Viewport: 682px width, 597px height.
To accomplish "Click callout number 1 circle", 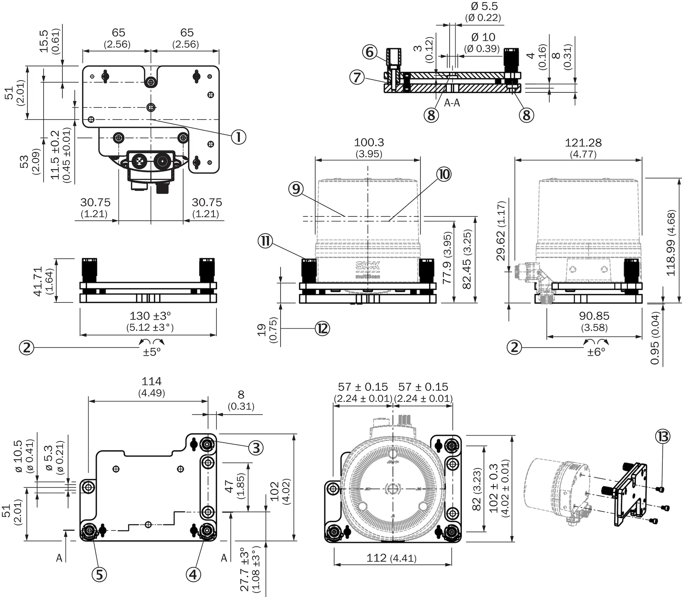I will (x=239, y=137).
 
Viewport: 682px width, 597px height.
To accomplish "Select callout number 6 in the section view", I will (x=370, y=52).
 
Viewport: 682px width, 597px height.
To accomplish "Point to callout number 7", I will (x=357, y=77).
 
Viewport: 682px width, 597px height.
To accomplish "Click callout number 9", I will (x=296, y=189).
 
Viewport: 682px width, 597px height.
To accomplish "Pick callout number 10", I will (x=444, y=174).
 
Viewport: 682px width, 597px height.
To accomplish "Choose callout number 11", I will (x=265, y=241).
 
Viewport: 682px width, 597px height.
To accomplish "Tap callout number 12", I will (x=323, y=329).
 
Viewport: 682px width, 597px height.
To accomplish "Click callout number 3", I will (x=256, y=448).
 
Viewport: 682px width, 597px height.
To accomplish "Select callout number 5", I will (x=99, y=574).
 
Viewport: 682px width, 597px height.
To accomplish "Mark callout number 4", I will (x=193, y=574).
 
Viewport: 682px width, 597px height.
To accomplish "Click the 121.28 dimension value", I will (x=583, y=143).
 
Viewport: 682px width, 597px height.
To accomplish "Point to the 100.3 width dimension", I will (x=369, y=142).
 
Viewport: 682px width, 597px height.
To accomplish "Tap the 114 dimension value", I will (x=152, y=381).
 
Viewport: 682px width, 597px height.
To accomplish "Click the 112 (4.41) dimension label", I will (x=391, y=558).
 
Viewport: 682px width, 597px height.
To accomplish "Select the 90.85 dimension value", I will (x=594, y=316).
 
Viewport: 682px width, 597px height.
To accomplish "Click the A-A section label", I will (x=452, y=103).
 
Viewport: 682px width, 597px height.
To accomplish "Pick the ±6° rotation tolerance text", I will (x=596, y=352).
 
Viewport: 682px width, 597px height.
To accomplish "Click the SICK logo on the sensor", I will (x=368, y=265).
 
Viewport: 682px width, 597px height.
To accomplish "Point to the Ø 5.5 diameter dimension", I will (x=485, y=6).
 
